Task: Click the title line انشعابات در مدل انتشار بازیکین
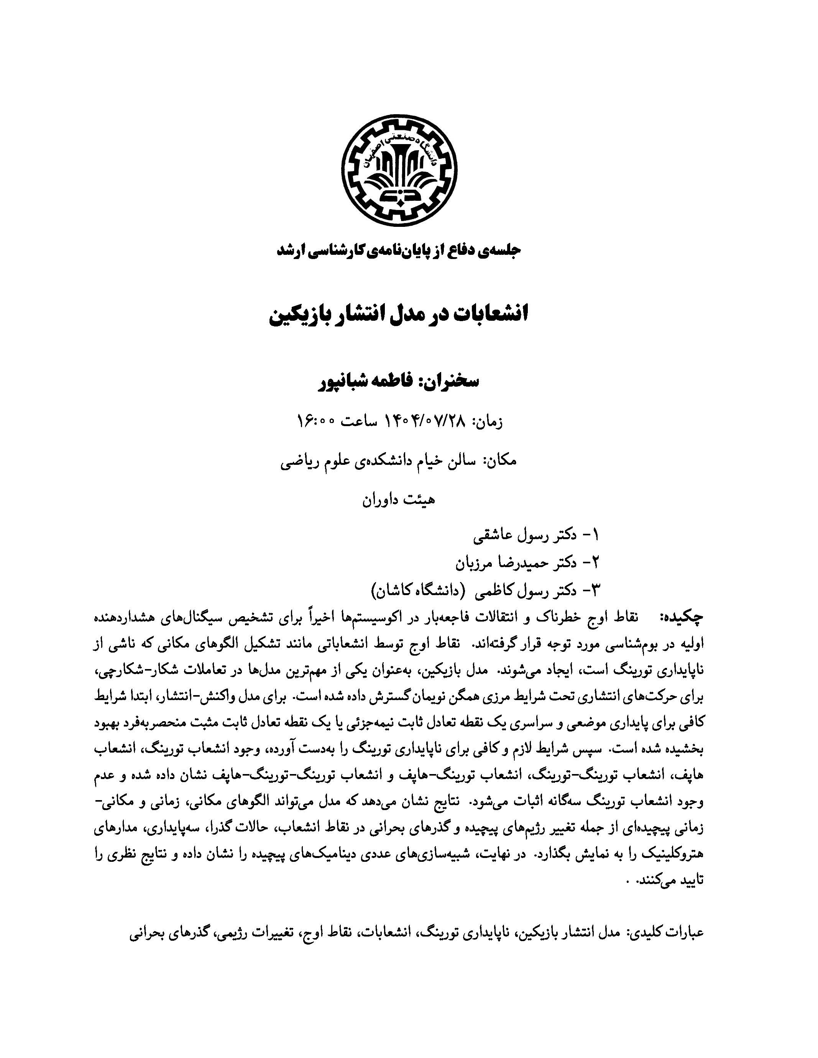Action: (398, 314)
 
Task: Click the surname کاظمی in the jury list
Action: (485, 591)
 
